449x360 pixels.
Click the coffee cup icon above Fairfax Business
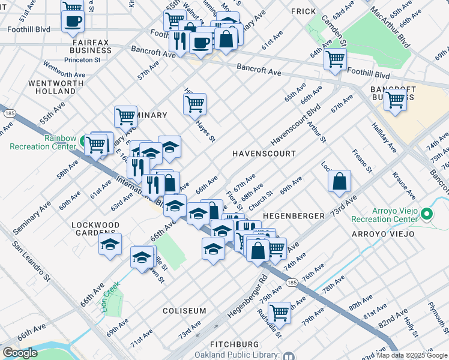[x=73, y=22]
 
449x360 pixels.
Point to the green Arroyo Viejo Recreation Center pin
[x=427, y=214]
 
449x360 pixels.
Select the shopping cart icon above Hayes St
[x=194, y=104]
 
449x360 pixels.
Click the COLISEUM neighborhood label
[x=184, y=311]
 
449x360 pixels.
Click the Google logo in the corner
[x=20, y=353]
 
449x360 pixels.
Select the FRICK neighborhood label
[x=303, y=11]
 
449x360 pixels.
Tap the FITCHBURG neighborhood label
[x=235, y=344]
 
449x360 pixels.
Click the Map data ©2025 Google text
[x=412, y=355]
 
